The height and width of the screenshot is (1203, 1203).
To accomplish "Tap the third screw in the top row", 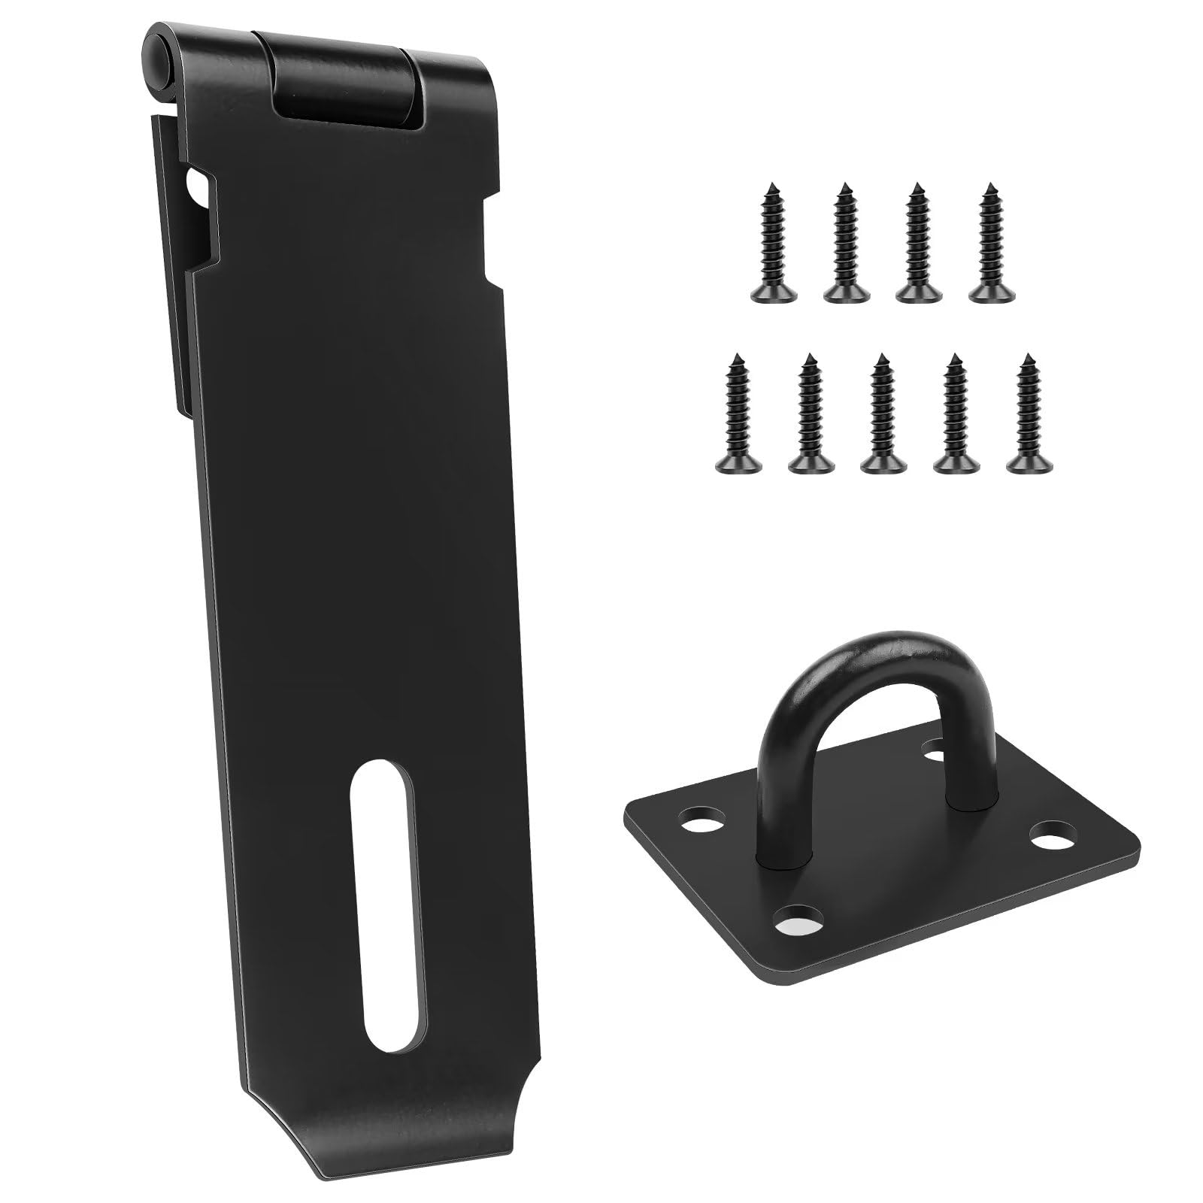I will [915, 253].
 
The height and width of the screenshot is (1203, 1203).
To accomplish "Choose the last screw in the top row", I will [987, 253].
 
